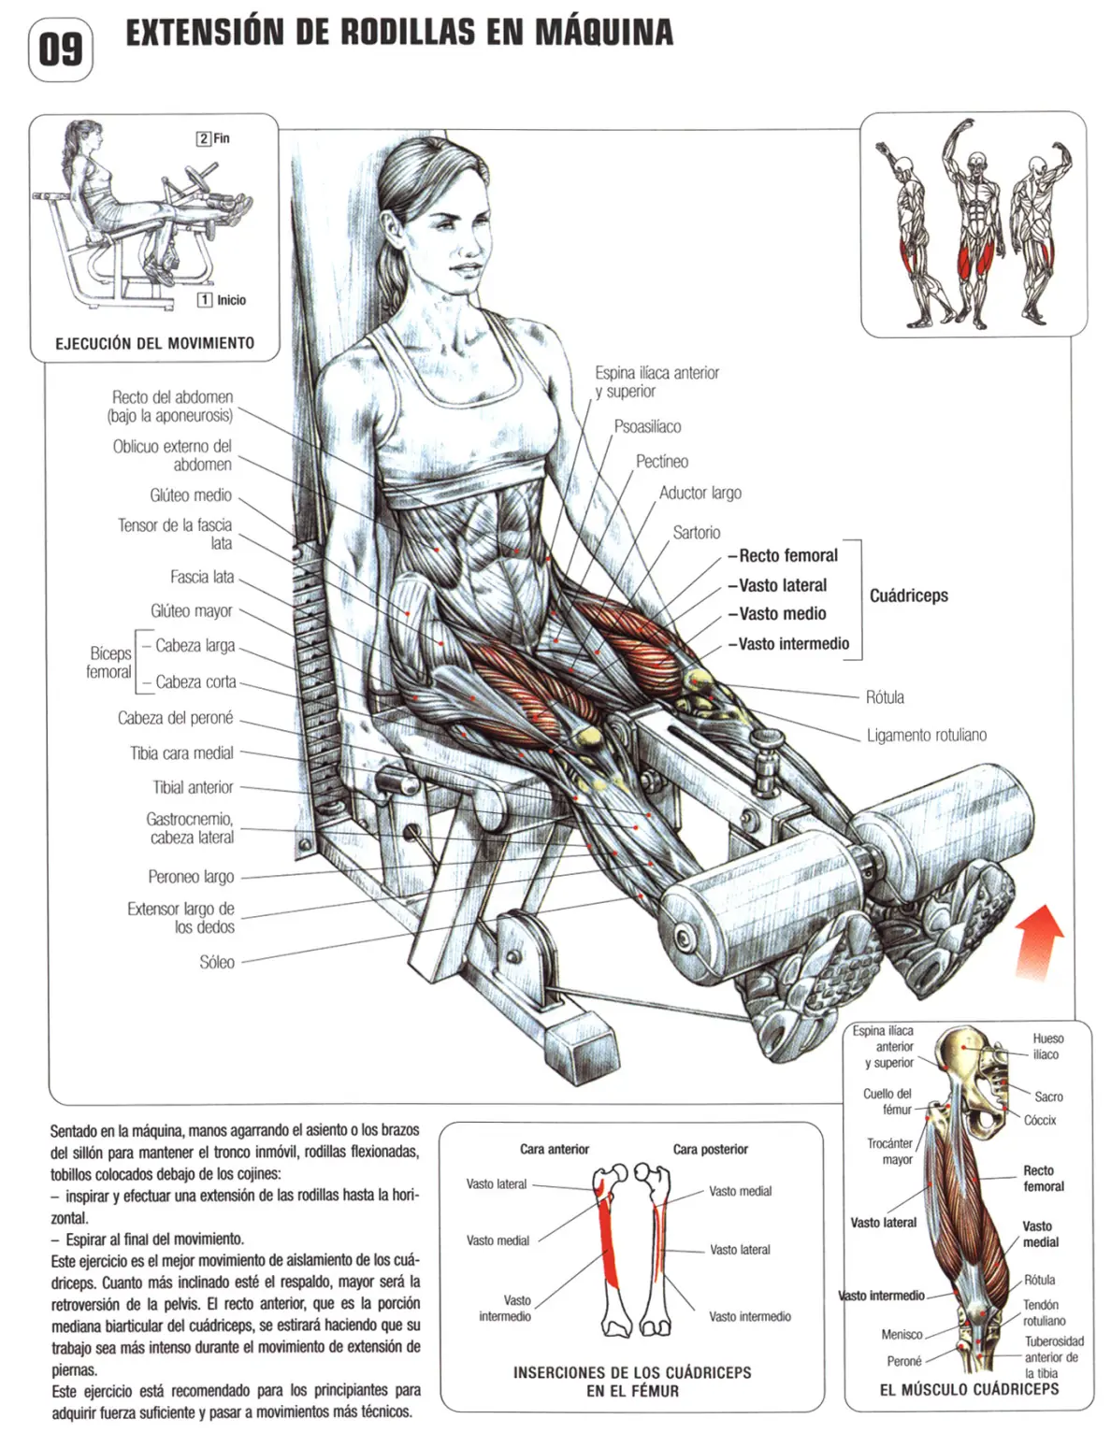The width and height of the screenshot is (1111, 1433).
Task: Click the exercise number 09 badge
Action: point(61,50)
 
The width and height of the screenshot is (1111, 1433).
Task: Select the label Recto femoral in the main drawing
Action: point(787,555)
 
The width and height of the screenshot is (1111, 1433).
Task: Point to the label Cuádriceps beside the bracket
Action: point(908,595)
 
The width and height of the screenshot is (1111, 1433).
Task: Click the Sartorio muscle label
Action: point(696,532)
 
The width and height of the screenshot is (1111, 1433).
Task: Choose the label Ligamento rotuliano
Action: point(926,735)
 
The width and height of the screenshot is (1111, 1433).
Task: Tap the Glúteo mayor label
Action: point(192,610)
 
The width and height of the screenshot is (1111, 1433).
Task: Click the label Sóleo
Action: point(217,962)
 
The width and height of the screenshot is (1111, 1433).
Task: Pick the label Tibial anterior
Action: point(193,787)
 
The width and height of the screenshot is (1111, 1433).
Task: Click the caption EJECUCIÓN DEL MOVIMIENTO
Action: point(154,343)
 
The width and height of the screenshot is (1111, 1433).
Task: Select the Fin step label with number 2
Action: point(213,137)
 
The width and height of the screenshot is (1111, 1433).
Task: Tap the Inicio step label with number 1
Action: point(222,300)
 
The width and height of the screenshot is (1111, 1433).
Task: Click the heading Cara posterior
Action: point(711,1150)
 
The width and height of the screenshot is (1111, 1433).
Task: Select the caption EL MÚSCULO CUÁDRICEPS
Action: point(969,1389)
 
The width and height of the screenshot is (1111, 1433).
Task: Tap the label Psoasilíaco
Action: point(647,426)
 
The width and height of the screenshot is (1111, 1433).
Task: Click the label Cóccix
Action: point(1040,1121)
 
